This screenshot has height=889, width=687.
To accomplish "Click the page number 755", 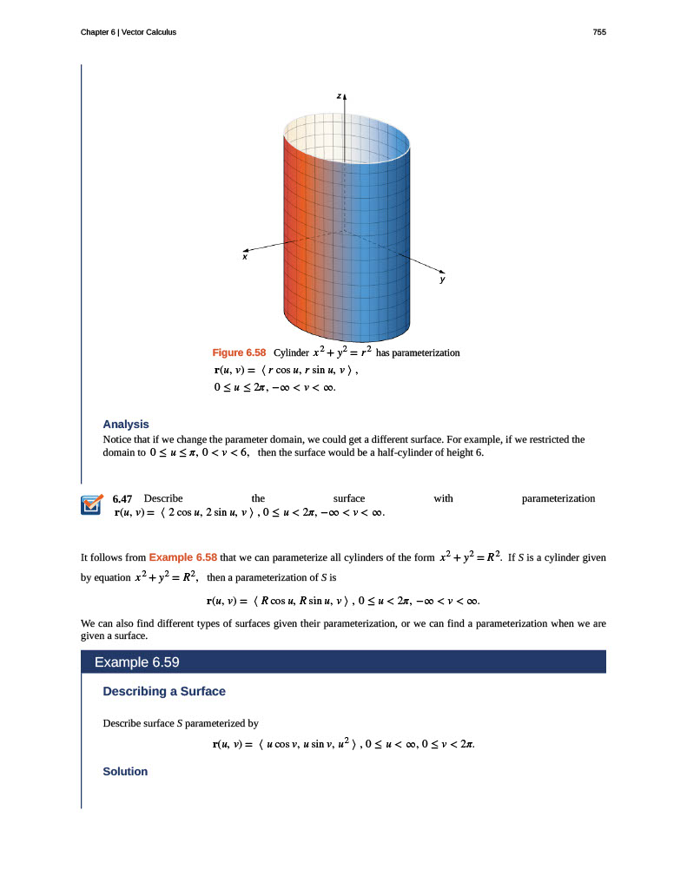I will click(x=599, y=32).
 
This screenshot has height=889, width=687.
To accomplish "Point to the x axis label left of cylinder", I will click(x=245, y=257).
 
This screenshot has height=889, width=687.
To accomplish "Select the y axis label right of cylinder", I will click(x=442, y=280).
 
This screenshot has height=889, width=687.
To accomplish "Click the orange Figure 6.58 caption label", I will click(x=239, y=353).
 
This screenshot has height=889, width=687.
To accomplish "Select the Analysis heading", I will click(x=126, y=425).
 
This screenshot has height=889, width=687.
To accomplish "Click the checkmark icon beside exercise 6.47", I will click(x=91, y=505).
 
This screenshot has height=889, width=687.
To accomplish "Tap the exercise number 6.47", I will click(x=122, y=499).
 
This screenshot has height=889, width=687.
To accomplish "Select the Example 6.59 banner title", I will click(x=136, y=662).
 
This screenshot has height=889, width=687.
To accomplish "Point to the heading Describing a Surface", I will click(x=164, y=691).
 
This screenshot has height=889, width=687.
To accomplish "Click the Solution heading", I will click(x=125, y=771).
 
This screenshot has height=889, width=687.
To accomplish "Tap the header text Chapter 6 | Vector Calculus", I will click(x=128, y=32).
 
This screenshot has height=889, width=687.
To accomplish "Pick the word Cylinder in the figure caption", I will click(x=291, y=353).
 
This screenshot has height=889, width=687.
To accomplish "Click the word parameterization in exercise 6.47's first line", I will click(x=558, y=498).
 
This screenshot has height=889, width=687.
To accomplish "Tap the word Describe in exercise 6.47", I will click(x=163, y=498).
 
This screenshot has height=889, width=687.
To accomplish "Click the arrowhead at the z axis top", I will click(x=347, y=91).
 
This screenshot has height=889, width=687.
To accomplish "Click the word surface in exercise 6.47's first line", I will click(x=349, y=498).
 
